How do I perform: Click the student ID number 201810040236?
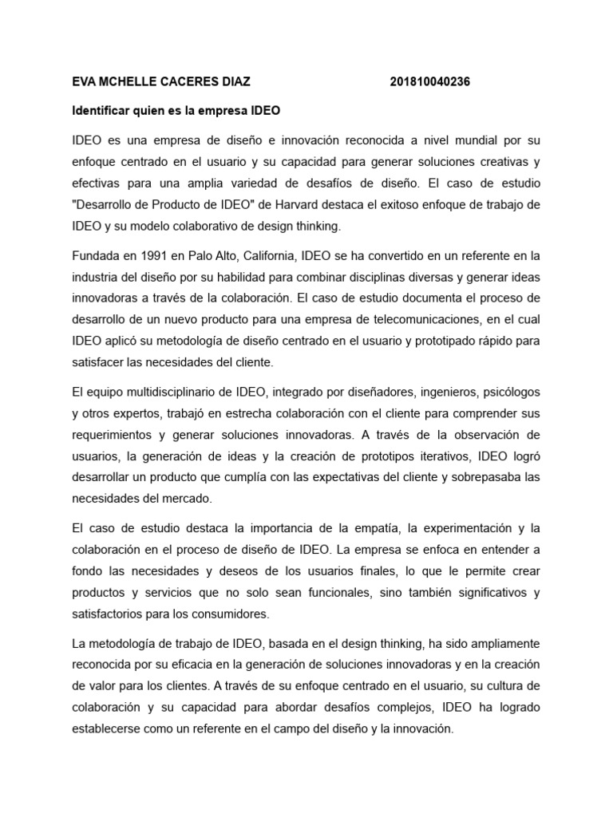(436, 81)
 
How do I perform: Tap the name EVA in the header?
(84, 81)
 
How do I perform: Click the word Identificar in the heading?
(102, 110)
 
